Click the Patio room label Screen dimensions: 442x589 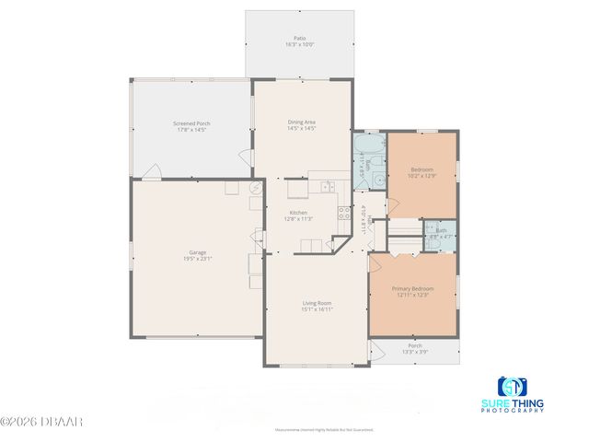[x=299, y=41]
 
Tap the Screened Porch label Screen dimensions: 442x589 [x=191, y=125]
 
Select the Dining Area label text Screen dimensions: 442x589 [x=302, y=125]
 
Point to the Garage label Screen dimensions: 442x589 [x=198, y=255]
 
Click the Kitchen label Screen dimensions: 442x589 [x=298, y=215]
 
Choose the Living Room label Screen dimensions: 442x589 [x=317, y=306]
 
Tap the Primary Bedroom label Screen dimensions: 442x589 [x=414, y=291]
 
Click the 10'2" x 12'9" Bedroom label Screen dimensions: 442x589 [x=422, y=172]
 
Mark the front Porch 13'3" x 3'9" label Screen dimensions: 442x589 [x=414, y=349]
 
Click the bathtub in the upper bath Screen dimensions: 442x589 [x=370, y=146]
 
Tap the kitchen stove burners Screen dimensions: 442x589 [x=343, y=217]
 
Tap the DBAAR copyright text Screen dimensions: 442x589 [x=42, y=422]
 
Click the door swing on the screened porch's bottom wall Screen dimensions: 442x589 [x=155, y=171]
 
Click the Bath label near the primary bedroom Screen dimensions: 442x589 [x=441, y=233]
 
